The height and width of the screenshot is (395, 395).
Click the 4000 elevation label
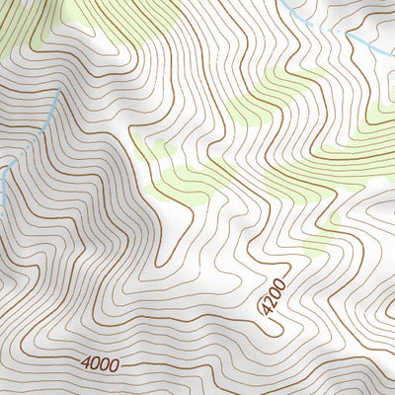[x=100, y=365]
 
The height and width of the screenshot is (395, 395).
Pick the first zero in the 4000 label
[x=95, y=365]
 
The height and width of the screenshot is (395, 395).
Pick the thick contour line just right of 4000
[x=148, y=367]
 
